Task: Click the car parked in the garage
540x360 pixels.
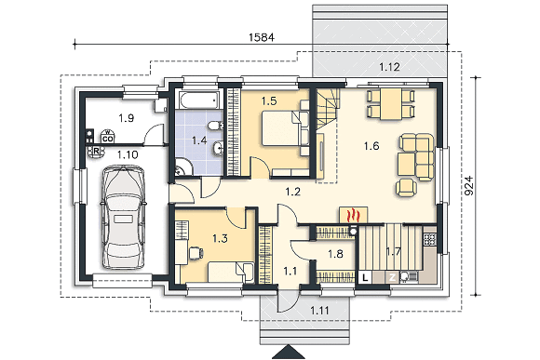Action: point(123,218)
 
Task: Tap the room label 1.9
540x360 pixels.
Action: point(126,118)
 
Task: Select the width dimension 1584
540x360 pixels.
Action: point(262,37)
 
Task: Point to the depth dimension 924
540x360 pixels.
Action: point(469,186)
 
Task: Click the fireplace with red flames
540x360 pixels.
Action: point(354,216)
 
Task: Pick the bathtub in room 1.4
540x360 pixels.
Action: point(198,100)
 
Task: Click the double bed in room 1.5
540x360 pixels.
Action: point(281,128)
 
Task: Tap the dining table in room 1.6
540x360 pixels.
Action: point(391,104)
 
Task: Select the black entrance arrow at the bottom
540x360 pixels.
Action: point(289,352)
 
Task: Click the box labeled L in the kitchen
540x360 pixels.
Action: point(365,277)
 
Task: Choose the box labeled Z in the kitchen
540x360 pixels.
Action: point(392,277)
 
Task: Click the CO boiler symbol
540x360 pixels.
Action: point(108,137)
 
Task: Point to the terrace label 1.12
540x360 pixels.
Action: point(389,67)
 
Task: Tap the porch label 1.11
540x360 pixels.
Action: point(319,311)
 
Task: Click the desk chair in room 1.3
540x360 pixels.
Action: point(196,253)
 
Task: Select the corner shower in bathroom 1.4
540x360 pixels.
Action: point(182,167)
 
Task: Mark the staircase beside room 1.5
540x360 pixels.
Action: point(328,109)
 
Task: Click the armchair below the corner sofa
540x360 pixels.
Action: point(406,188)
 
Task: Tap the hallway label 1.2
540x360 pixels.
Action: point(292,192)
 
